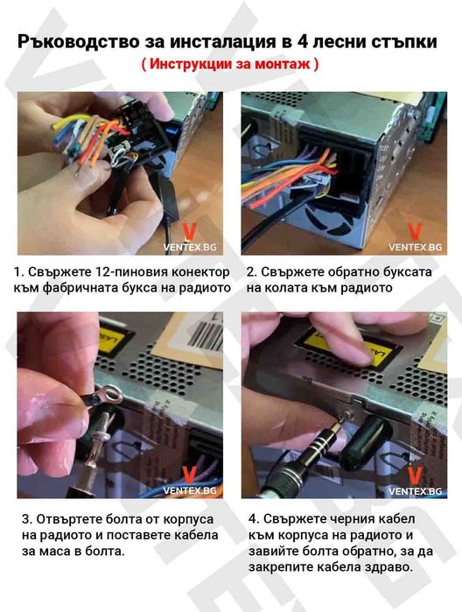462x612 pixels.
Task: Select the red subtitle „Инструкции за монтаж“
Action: (230, 65)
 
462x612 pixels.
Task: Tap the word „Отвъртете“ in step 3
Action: (70, 518)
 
